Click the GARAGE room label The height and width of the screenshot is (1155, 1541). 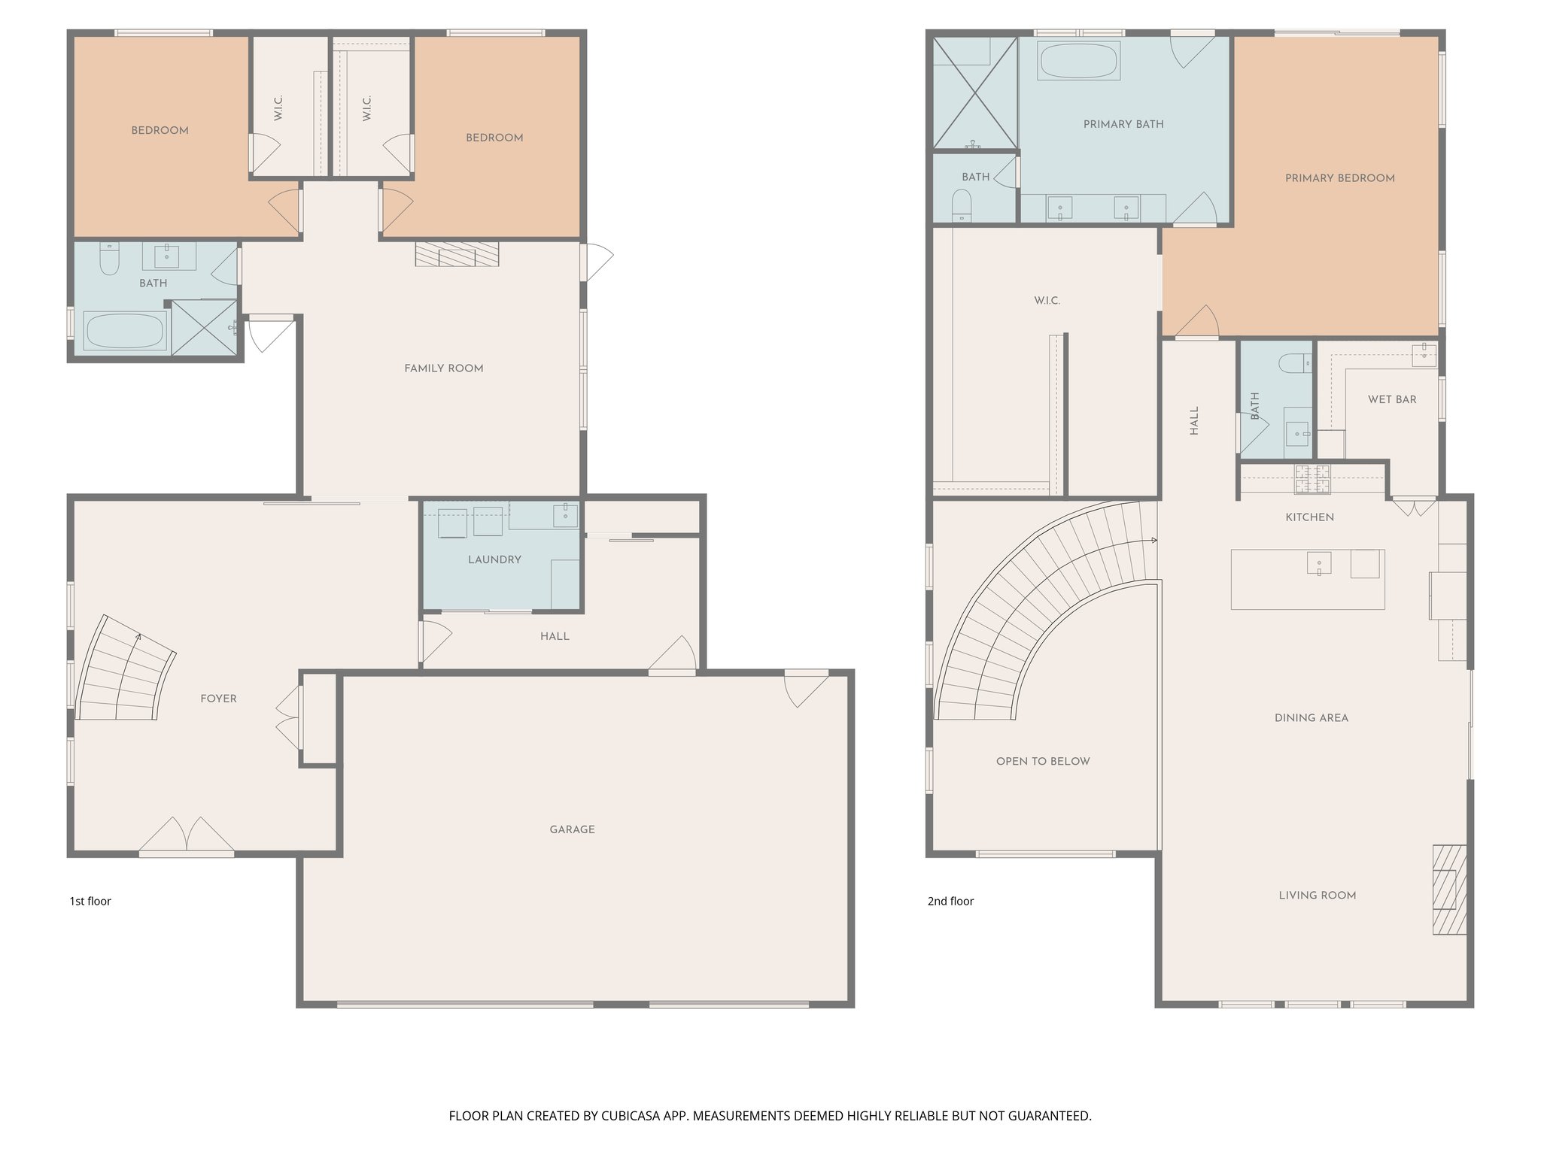coord(572,829)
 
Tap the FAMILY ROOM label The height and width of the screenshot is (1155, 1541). coord(443,368)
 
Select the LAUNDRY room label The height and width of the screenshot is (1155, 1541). coord(494,559)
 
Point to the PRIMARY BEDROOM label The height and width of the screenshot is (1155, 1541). coord(1339,178)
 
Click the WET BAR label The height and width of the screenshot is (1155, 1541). coord(1391,399)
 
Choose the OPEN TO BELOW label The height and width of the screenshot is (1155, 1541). coord(1042,761)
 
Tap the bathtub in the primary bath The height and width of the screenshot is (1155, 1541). coord(1078,60)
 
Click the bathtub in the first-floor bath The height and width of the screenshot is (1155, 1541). coord(124,331)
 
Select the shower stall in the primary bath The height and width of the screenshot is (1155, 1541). coord(975,92)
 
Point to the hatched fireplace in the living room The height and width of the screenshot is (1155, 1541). coord(1449,890)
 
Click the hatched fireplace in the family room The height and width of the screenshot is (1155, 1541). coord(457,254)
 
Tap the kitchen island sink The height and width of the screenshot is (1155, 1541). coord(1319,563)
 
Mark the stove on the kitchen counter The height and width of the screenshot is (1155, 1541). coord(1312,479)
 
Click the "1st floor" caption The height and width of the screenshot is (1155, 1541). coord(90,901)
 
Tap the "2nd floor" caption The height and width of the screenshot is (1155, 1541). coord(950,901)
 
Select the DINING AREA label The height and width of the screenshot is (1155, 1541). coord(1311,718)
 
